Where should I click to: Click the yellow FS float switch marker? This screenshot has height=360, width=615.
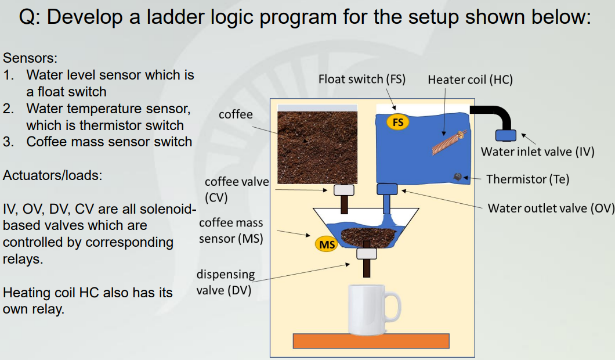point(398,123)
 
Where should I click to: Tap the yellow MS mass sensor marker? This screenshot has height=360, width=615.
point(327,244)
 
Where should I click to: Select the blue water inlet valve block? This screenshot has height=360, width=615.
point(505,135)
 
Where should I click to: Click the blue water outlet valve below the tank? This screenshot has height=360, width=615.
point(387,189)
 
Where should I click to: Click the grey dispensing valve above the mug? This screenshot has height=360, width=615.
point(367,253)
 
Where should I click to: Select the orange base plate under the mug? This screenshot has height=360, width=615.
point(371,341)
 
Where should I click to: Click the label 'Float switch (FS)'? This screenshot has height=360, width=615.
point(361,79)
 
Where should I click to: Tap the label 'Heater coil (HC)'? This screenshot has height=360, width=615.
point(470,80)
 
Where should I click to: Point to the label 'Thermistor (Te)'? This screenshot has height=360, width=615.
point(527,179)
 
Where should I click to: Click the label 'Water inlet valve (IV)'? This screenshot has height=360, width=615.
point(538,152)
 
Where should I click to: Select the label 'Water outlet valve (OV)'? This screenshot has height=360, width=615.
point(551,208)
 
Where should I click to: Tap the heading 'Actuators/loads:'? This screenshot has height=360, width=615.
point(53,175)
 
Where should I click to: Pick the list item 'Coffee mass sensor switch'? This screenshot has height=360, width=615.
point(109,142)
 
